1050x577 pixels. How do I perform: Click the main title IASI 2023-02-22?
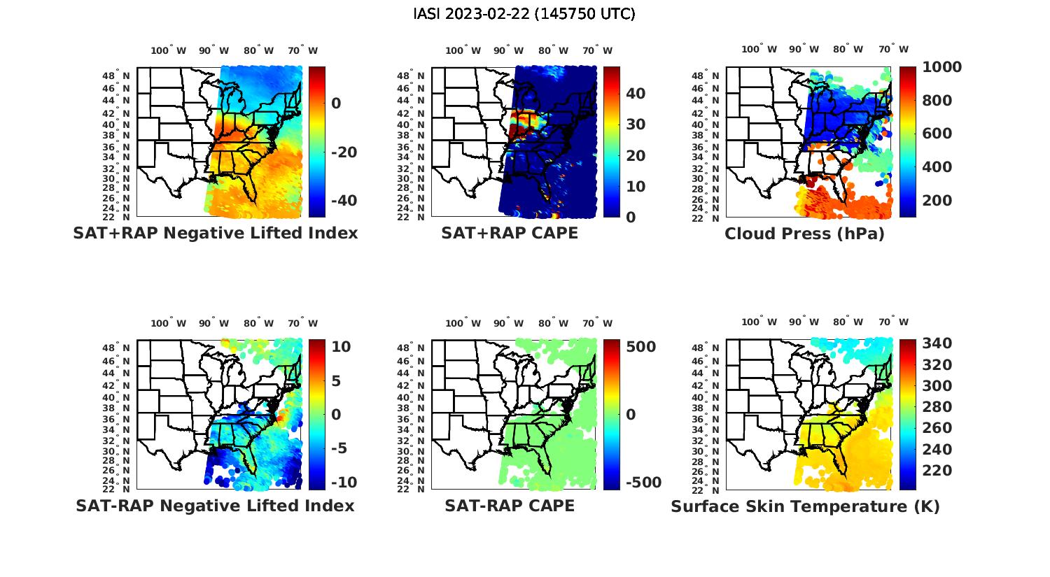(524, 14)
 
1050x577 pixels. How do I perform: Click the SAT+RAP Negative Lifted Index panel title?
(215, 233)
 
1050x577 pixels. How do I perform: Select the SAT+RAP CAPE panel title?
(510, 233)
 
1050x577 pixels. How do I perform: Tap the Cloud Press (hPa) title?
(804, 234)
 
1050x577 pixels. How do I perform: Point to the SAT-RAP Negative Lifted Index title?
(215, 506)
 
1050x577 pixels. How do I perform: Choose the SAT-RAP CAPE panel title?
(510, 506)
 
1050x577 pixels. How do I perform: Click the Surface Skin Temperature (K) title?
(805, 506)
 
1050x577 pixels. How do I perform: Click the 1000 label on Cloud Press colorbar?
(941, 67)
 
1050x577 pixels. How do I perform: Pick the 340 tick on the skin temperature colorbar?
(937, 343)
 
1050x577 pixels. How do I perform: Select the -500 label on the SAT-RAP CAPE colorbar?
(642, 483)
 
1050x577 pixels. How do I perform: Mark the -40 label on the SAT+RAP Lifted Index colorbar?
(342, 201)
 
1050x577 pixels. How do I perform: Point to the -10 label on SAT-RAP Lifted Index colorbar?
(343, 483)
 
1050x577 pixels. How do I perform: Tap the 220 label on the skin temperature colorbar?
(937, 471)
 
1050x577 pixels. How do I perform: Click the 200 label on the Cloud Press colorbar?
(937, 201)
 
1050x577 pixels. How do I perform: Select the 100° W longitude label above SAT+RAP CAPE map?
(463, 50)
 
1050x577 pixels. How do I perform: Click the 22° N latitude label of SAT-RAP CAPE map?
(411, 490)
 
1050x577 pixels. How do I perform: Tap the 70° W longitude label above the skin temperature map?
(893, 322)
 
